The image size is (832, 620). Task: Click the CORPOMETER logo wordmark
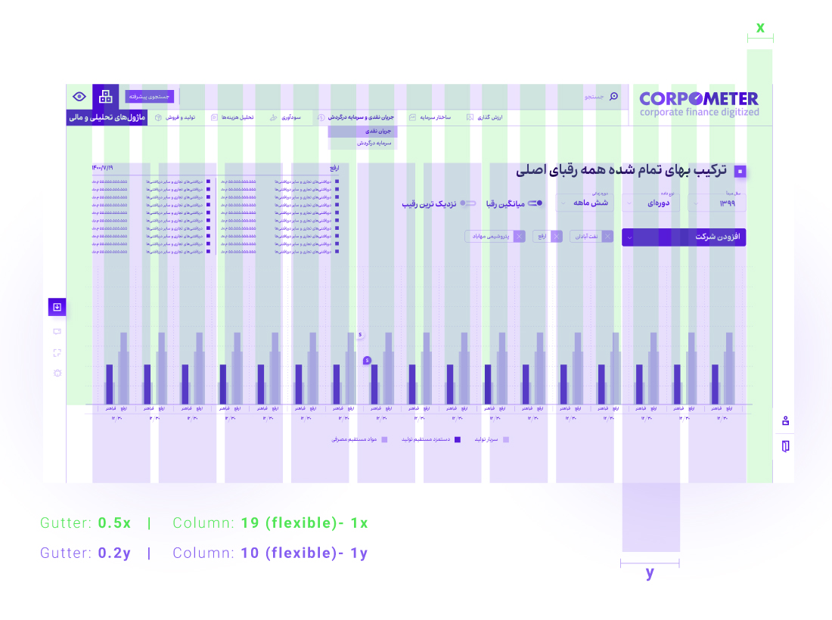pos(698,98)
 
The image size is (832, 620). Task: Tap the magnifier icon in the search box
pos(613,96)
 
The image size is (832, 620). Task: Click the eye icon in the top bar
pos(79,96)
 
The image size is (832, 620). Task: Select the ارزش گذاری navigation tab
pos(486,118)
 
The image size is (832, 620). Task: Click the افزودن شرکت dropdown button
pos(684,237)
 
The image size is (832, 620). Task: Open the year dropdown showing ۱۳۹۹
pos(716,203)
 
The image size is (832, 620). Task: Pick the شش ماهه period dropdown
pos(585,203)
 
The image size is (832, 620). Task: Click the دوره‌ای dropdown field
pos(650,203)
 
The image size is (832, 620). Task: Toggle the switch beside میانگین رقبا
pos(536,203)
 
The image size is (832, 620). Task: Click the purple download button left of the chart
pos(57,307)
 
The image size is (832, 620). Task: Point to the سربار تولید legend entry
pos(492,439)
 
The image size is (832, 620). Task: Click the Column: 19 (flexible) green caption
pos(270,523)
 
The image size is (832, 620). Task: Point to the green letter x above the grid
pos(760,28)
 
